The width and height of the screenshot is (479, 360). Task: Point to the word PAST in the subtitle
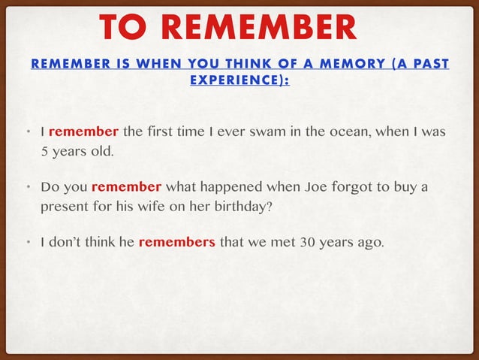coord(431,65)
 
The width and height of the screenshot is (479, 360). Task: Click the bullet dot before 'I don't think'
coord(26,242)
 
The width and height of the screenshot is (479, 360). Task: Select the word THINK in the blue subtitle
coord(233,65)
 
